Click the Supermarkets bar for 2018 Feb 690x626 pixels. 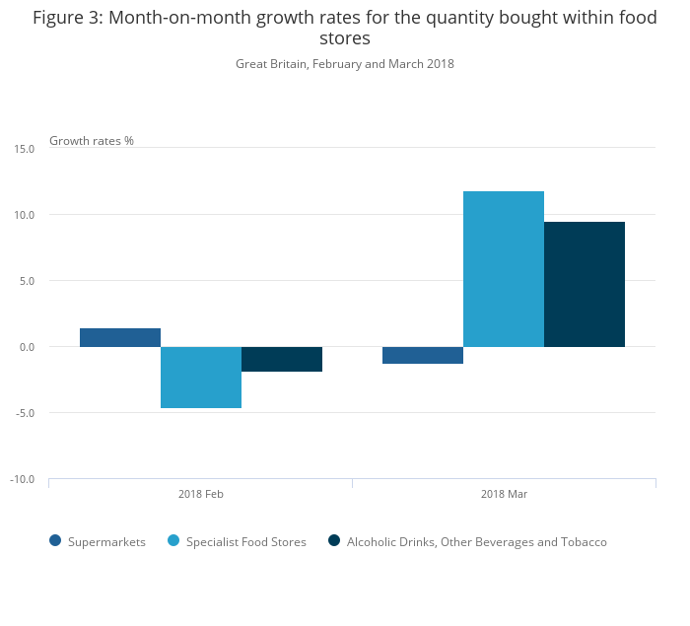tap(120, 337)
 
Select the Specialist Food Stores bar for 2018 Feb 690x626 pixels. tap(201, 377)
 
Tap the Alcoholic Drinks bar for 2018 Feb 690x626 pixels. tap(282, 359)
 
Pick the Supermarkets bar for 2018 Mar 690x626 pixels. tap(423, 355)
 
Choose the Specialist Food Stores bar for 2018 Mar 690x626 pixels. tap(504, 269)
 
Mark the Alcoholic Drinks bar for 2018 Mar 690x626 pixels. tap(585, 284)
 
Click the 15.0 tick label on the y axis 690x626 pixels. tap(25, 149)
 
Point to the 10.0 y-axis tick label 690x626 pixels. tap(25, 215)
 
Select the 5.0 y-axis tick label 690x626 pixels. tap(27, 281)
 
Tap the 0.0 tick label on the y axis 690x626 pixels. tap(27, 347)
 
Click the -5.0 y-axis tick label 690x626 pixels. tap(25, 413)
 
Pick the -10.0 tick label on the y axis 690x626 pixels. tap(23, 479)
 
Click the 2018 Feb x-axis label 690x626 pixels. tap(200, 494)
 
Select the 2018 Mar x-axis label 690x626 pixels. tap(504, 494)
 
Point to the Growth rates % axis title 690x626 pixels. tap(92, 141)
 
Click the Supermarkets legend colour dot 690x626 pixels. tap(55, 541)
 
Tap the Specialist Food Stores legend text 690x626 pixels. tap(246, 542)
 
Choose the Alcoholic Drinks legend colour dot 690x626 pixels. tap(334, 541)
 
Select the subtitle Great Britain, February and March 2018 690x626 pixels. tap(345, 64)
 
